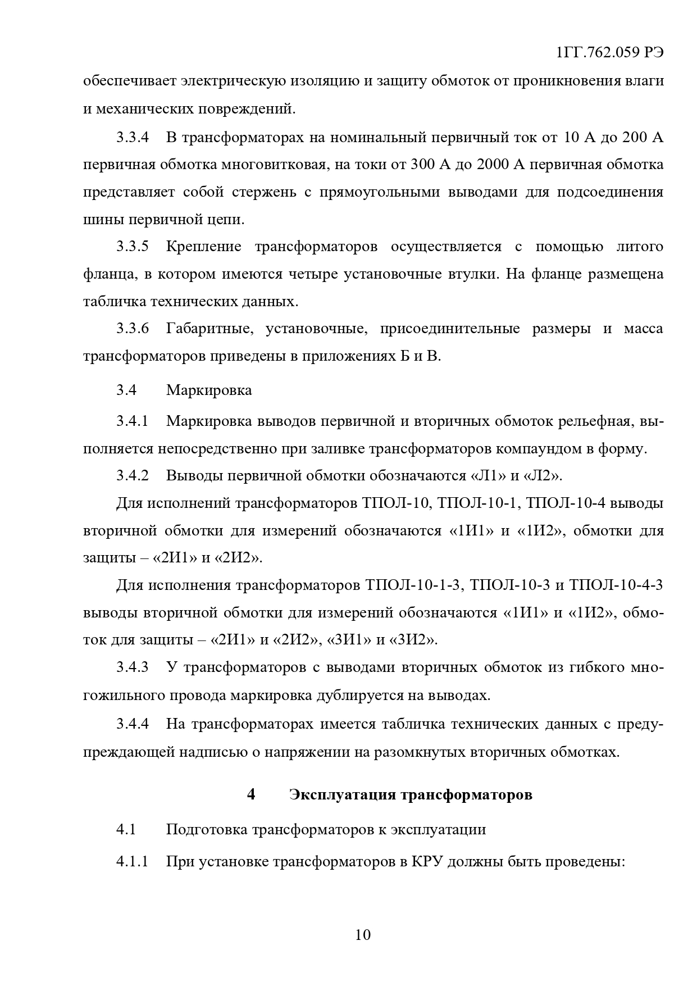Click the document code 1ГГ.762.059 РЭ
(x=609, y=53)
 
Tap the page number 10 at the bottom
(x=363, y=935)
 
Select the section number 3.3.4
(x=133, y=138)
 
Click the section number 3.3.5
(x=133, y=247)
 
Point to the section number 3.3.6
(x=133, y=329)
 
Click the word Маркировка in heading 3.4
(x=209, y=390)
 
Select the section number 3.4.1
(x=133, y=421)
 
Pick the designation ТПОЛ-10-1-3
(x=413, y=585)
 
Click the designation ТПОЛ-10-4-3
(x=616, y=585)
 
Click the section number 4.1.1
(x=133, y=861)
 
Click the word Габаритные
(x=208, y=329)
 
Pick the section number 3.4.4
(x=133, y=724)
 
